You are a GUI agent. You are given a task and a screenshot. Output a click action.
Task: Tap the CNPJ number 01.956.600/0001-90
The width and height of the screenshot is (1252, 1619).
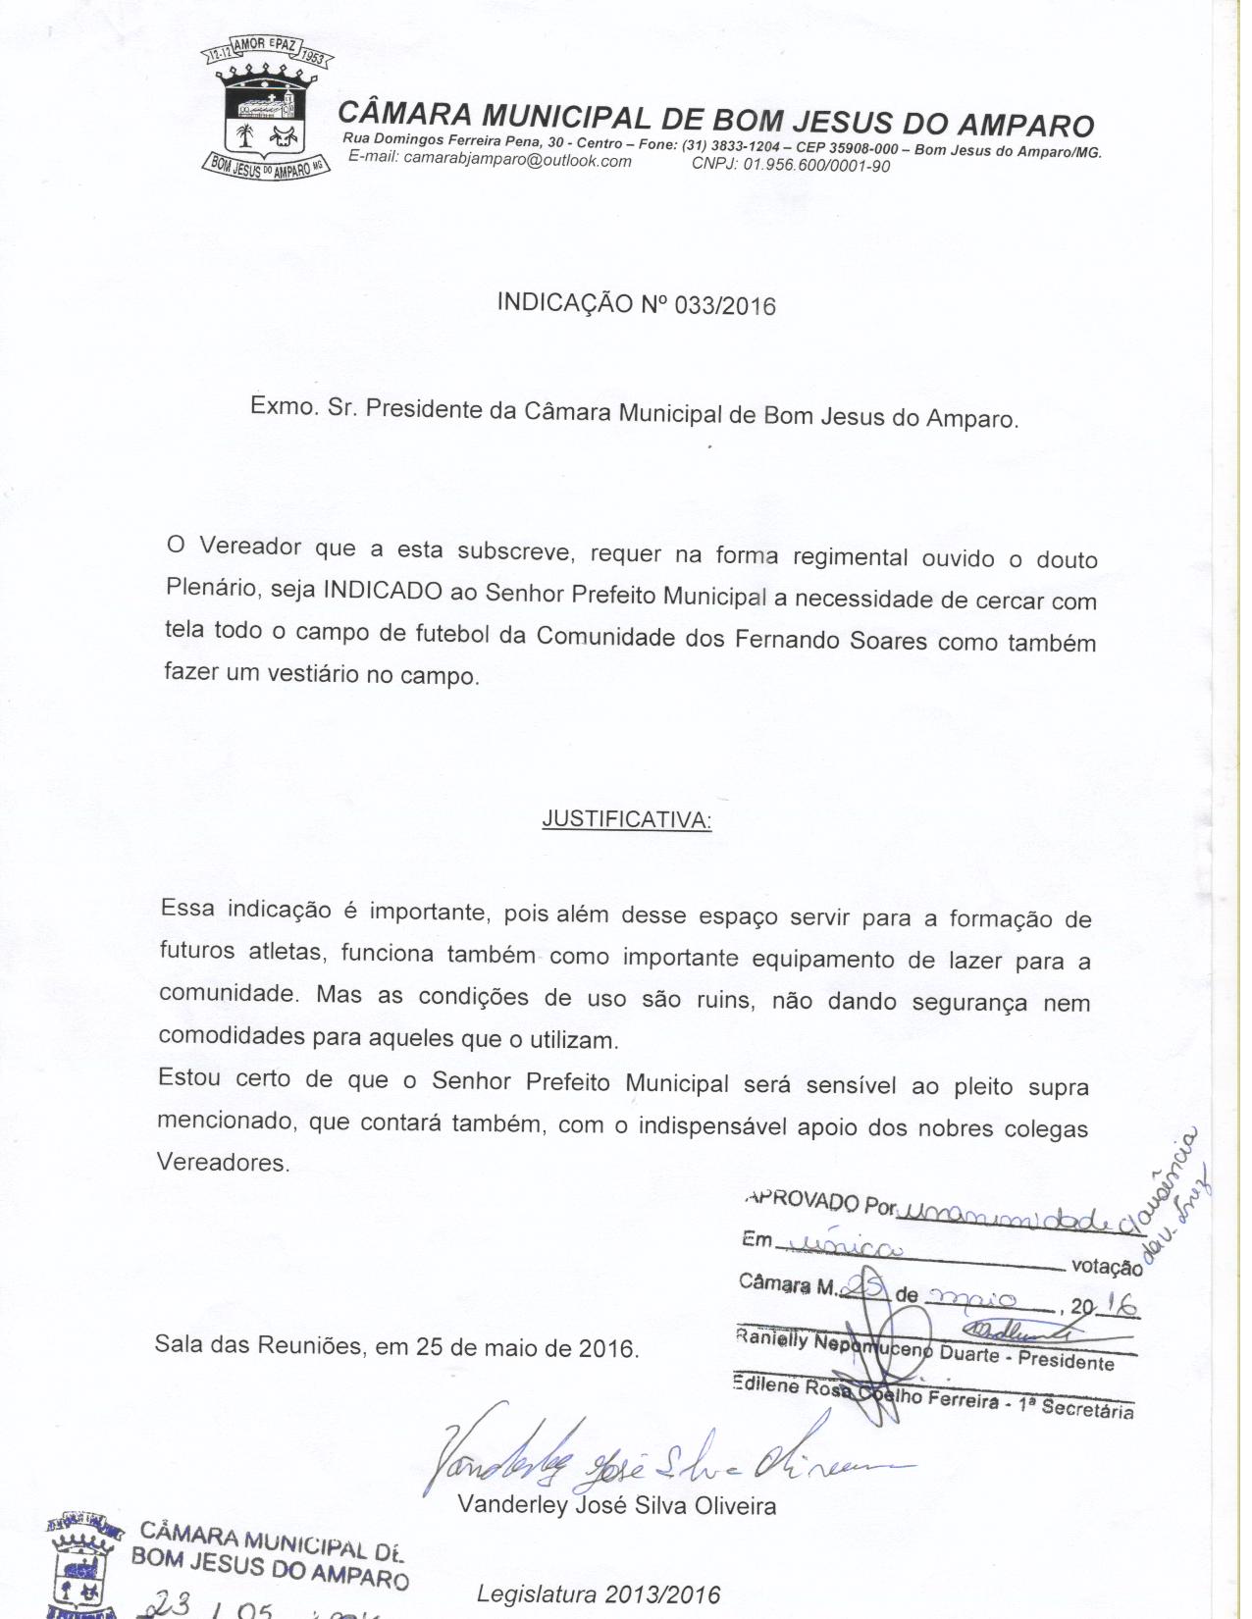click(x=816, y=165)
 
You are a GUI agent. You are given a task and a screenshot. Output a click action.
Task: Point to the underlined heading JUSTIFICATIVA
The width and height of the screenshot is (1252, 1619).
click(x=626, y=820)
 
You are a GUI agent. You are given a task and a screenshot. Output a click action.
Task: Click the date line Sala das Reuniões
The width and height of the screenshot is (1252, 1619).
click(x=396, y=1346)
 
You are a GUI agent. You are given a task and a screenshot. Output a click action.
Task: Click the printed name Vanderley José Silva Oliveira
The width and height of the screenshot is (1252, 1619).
click(x=616, y=1505)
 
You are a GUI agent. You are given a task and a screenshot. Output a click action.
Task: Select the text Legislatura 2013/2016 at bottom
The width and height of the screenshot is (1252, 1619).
click(x=599, y=1594)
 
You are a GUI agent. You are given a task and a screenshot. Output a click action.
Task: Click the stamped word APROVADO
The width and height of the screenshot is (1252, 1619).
click(x=802, y=1200)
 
